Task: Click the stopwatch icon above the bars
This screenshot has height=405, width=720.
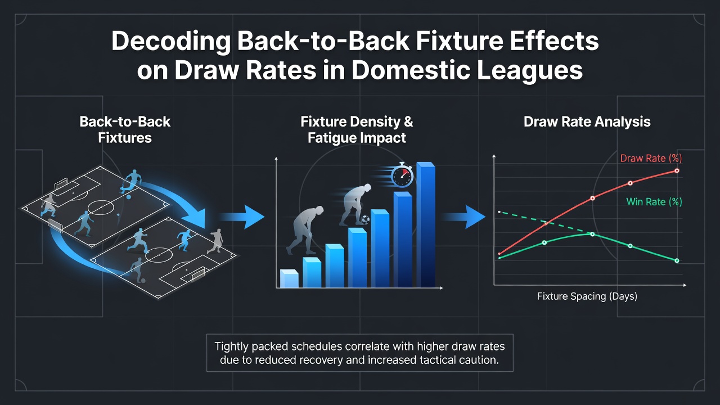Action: [402, 175]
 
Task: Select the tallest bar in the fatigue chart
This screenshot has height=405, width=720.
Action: [426, 224]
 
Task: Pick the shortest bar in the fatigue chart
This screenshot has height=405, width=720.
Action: [289, 278]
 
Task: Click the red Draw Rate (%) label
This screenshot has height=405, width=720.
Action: [651, 158]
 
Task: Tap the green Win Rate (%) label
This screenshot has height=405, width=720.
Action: [654, 202]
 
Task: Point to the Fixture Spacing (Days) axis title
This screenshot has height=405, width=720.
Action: [587, 296]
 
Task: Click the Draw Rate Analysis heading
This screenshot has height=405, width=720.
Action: [587, 122]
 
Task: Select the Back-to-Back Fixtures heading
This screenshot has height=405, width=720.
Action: [125, 130]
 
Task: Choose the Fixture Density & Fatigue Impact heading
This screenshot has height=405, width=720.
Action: [357, 130]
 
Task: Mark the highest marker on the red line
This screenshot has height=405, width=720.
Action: [677, 170]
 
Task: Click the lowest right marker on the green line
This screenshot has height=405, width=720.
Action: [677, 260]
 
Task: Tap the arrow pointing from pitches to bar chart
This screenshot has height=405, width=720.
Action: [242, 217]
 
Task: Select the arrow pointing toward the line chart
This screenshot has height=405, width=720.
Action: [463, 217]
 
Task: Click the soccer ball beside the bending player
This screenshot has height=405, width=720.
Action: [364, 219]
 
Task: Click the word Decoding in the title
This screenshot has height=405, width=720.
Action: [171, 41]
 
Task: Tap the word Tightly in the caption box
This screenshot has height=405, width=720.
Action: [231, 346]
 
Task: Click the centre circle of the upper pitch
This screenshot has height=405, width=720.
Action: [101, 208]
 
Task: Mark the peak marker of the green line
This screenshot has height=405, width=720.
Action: [592, 234]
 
